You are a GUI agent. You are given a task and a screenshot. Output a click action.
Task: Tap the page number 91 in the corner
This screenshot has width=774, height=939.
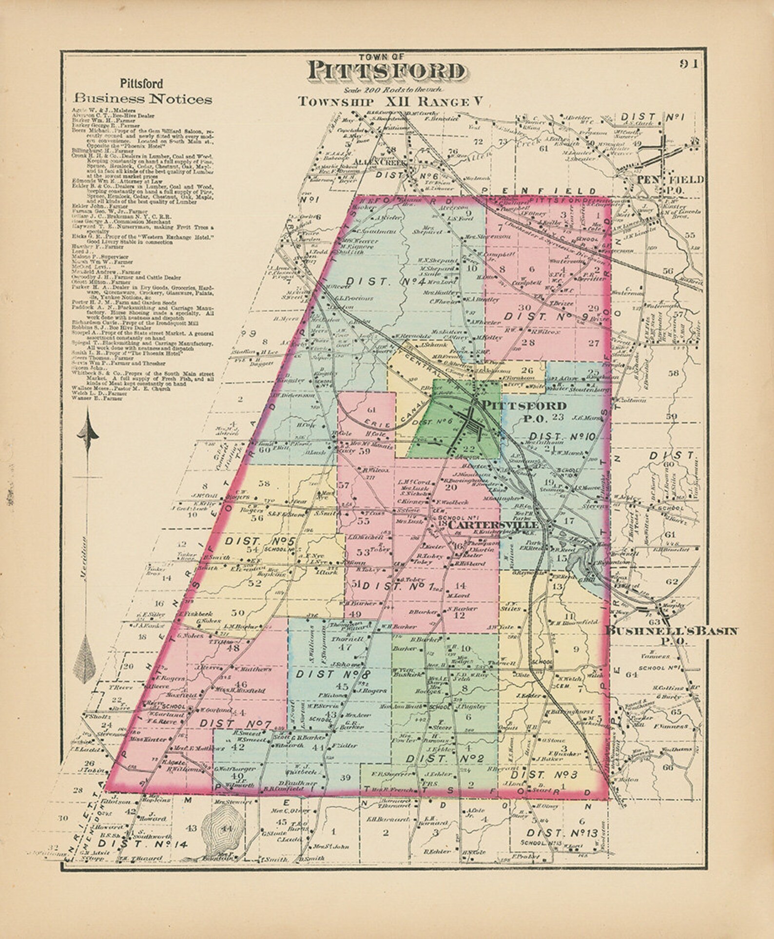pyautogui.click(x=688, y=64)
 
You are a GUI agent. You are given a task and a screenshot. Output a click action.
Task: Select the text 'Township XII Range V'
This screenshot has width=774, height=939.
pyautogui.click(x=390, y=102)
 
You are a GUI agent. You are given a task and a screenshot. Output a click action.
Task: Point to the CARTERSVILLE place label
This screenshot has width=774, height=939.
pyautogui.click(x=493, y=525)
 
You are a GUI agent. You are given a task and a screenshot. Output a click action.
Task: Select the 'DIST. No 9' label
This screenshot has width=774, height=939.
pyautogui.click(x=546, y=316)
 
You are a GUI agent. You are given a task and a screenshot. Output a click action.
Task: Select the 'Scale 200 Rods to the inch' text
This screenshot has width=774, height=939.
pyautogui.click(x=385, y=90)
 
